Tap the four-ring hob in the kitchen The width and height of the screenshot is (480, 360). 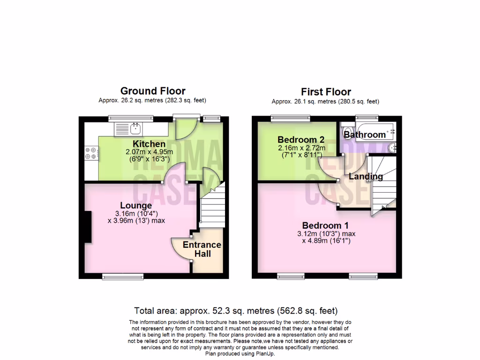90,153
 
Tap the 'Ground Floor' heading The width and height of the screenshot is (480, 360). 153,91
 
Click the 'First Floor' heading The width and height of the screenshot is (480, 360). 326,92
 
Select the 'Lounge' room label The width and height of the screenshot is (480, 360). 136,205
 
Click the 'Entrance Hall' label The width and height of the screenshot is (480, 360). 202,249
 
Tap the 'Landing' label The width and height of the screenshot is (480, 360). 366,177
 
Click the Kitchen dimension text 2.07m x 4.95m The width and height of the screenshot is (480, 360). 149,152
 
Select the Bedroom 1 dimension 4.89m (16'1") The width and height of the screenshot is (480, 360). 326,241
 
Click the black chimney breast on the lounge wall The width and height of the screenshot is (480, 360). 88,227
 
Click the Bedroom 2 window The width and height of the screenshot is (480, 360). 290,118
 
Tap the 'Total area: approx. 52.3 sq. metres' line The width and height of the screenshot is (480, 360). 236,310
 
